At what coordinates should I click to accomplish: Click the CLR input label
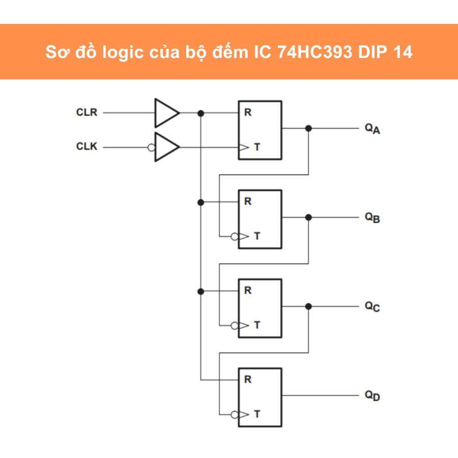click(87, 112)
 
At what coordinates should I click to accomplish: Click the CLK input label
click(87, 147)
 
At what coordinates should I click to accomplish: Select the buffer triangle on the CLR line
click(166, 112)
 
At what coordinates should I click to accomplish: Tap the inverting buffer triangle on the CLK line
click(166, 147)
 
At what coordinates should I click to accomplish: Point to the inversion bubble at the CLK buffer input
click(151, 147)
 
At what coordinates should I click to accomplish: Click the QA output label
click(372, 129)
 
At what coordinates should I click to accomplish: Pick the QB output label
click(372, 218)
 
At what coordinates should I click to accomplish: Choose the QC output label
click(372, 307)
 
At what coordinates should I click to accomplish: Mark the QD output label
click(372, 395)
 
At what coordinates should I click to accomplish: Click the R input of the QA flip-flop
click(248, 112)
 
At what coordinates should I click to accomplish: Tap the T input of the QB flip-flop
click(257, 236)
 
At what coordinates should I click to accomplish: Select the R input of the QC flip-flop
click(248, 291)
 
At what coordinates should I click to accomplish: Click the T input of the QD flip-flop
click(257, 414)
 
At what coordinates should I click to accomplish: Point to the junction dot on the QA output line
click(308, 128)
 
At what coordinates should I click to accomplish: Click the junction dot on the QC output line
click(308, 306)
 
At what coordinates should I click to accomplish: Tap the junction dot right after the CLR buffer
click(201, 113)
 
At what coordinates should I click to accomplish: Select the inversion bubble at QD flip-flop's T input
click(234, 414)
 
